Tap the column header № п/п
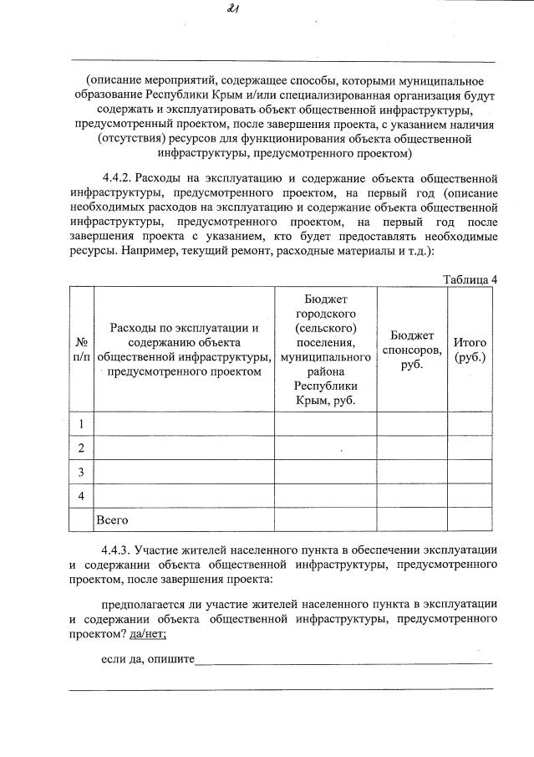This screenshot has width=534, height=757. (x=82, y=349)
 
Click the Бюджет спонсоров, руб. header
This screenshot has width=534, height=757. (x=413, y=350)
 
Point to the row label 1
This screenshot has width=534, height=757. (x=82, y=424)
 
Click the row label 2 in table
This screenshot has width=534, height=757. (x=82, y=448)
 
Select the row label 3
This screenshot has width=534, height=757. (x=82, y=473)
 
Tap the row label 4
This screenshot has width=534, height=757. (x=82, y=496)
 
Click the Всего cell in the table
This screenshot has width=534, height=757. (x=112, y=520)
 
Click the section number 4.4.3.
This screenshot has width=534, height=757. (x=116, y=550)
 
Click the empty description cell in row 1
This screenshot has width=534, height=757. (x=184, y=424)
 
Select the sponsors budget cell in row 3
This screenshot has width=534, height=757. (x=413, y=473)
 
